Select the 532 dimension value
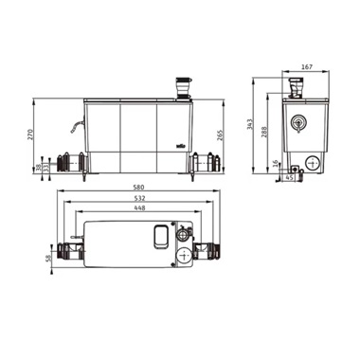(139, 200)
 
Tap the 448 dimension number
(139, 211)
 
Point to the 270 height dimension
(30, 135)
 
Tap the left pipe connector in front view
(69, 162)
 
